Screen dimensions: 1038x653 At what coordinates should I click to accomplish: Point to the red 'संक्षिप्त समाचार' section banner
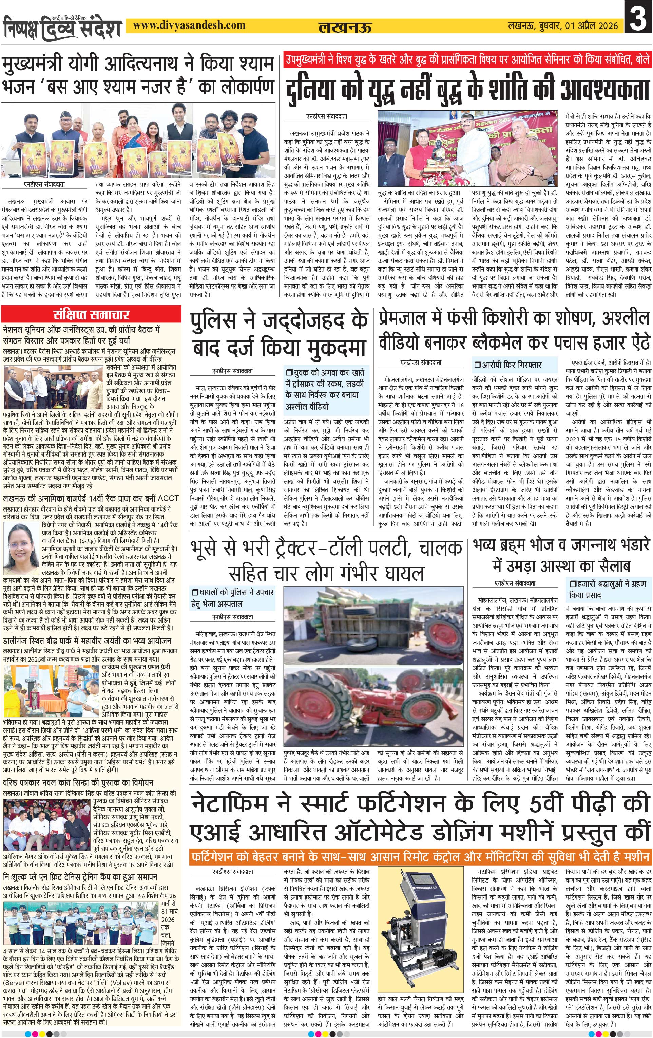tap(91, 314)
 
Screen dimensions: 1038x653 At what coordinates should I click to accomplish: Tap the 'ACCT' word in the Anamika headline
tap(168, 498)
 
